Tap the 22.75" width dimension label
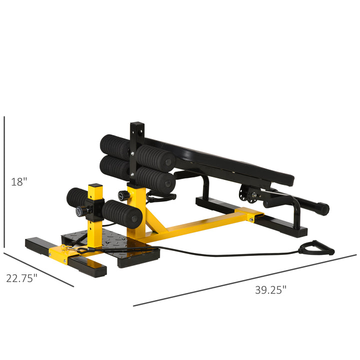22,278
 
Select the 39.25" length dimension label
270,289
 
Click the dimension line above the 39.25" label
245,280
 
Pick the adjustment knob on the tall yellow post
121,194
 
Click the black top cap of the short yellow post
95,186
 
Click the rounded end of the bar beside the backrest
323,208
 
